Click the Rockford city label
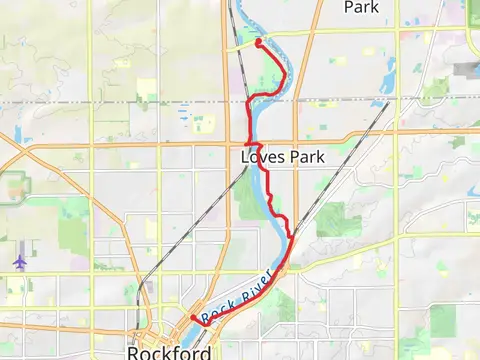tap(169, 352)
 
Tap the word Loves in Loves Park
tap(257, 158)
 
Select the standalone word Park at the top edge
tap(361, 7)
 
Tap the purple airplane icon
tap(20, 261)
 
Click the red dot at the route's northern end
tap(258, 43)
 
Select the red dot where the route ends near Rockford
tap(193, 318)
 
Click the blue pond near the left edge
tap(19, 136)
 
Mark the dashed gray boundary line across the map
tap(120, 101)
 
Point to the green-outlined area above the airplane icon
tap(14, 186)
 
